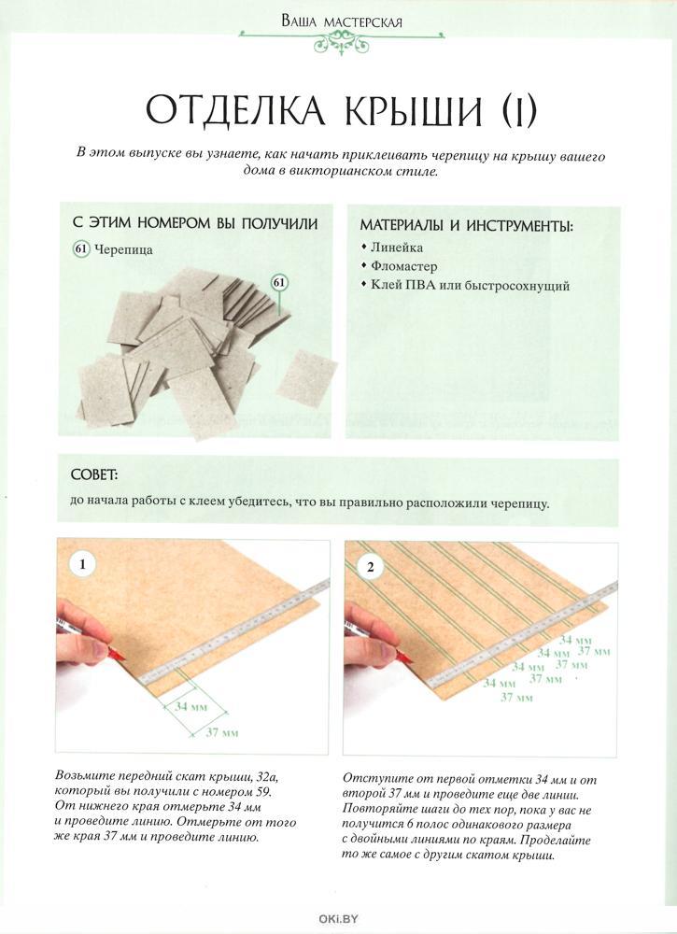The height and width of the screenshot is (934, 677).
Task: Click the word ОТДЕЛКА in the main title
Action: coord(233,110)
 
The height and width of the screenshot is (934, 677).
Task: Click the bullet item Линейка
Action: coord(396,248)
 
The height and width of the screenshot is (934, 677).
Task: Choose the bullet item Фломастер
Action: coord(403,266)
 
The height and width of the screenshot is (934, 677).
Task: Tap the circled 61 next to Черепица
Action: coord(80,249)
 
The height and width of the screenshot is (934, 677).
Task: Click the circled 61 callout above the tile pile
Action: coord(279,282)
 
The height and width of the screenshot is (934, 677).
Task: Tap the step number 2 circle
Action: coord(370,567)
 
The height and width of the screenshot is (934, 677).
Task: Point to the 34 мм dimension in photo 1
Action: coord(191,706)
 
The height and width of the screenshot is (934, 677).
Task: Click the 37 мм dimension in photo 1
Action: coord(221,732)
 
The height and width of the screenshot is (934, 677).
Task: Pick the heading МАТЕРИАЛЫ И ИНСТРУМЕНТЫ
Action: coord(465,225)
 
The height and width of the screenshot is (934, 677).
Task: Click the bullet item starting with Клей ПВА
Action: coord(470,286)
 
